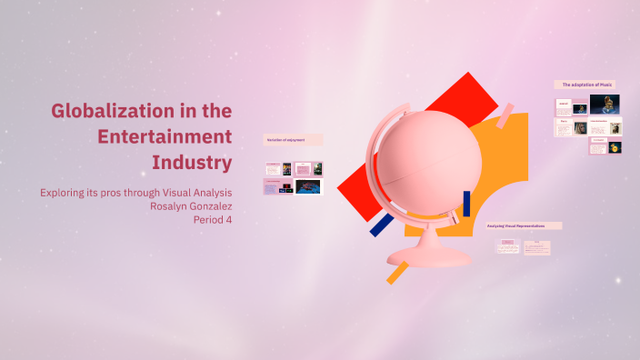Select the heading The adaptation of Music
[x=586, y=85]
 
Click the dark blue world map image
[x=309, y=186]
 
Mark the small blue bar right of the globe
[x=466, y=203]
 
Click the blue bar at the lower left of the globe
[x=382, y=225]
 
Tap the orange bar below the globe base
[x=396, y=273]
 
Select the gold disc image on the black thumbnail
[x=615, y=147]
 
